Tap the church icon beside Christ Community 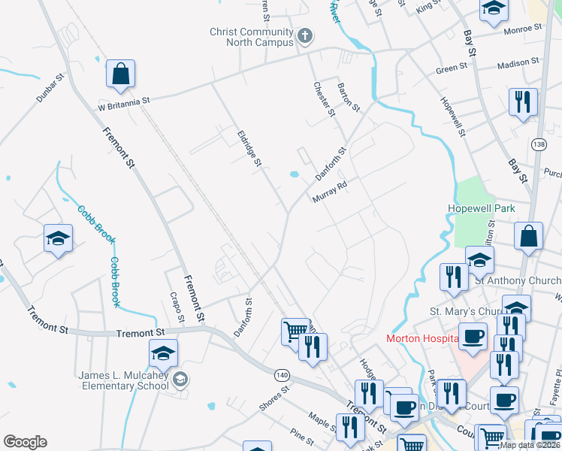coord(305,35)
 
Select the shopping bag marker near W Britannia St coord(120,74)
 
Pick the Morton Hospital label coord(421,338)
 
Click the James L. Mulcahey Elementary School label coord(124,380)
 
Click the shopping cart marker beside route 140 coord(295,330)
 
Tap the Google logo coord(25,442)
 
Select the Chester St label coord(324,99)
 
